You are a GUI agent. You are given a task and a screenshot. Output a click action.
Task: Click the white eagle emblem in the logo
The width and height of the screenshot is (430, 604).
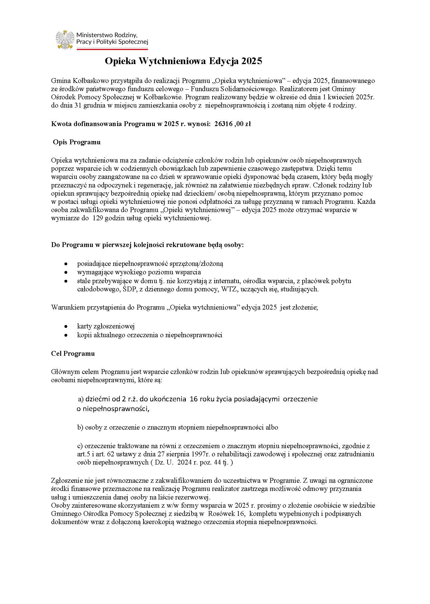point(65,39)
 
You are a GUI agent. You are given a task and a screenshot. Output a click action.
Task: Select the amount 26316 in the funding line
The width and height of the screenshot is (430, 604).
point(224,124)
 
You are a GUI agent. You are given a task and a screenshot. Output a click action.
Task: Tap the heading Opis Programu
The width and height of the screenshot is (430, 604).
point(77,142)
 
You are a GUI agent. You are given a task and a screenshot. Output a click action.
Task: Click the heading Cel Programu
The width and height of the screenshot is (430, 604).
point(73,354)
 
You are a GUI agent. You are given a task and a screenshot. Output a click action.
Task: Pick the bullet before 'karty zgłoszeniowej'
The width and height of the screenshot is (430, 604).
point(66,326)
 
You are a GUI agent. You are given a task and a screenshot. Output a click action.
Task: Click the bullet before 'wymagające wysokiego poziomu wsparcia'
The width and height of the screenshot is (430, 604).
point(66,272)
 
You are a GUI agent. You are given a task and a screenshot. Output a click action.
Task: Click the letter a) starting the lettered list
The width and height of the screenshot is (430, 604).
point(81,399)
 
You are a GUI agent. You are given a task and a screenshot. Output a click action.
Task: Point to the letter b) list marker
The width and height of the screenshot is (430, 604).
point(80,427)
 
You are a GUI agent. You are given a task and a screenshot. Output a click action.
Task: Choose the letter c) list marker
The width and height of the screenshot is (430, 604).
point(80,446)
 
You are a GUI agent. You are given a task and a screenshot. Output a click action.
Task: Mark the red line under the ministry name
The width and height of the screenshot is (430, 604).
point(112,49)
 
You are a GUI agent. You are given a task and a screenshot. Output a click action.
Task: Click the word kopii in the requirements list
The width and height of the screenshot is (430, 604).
point(84,335)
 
